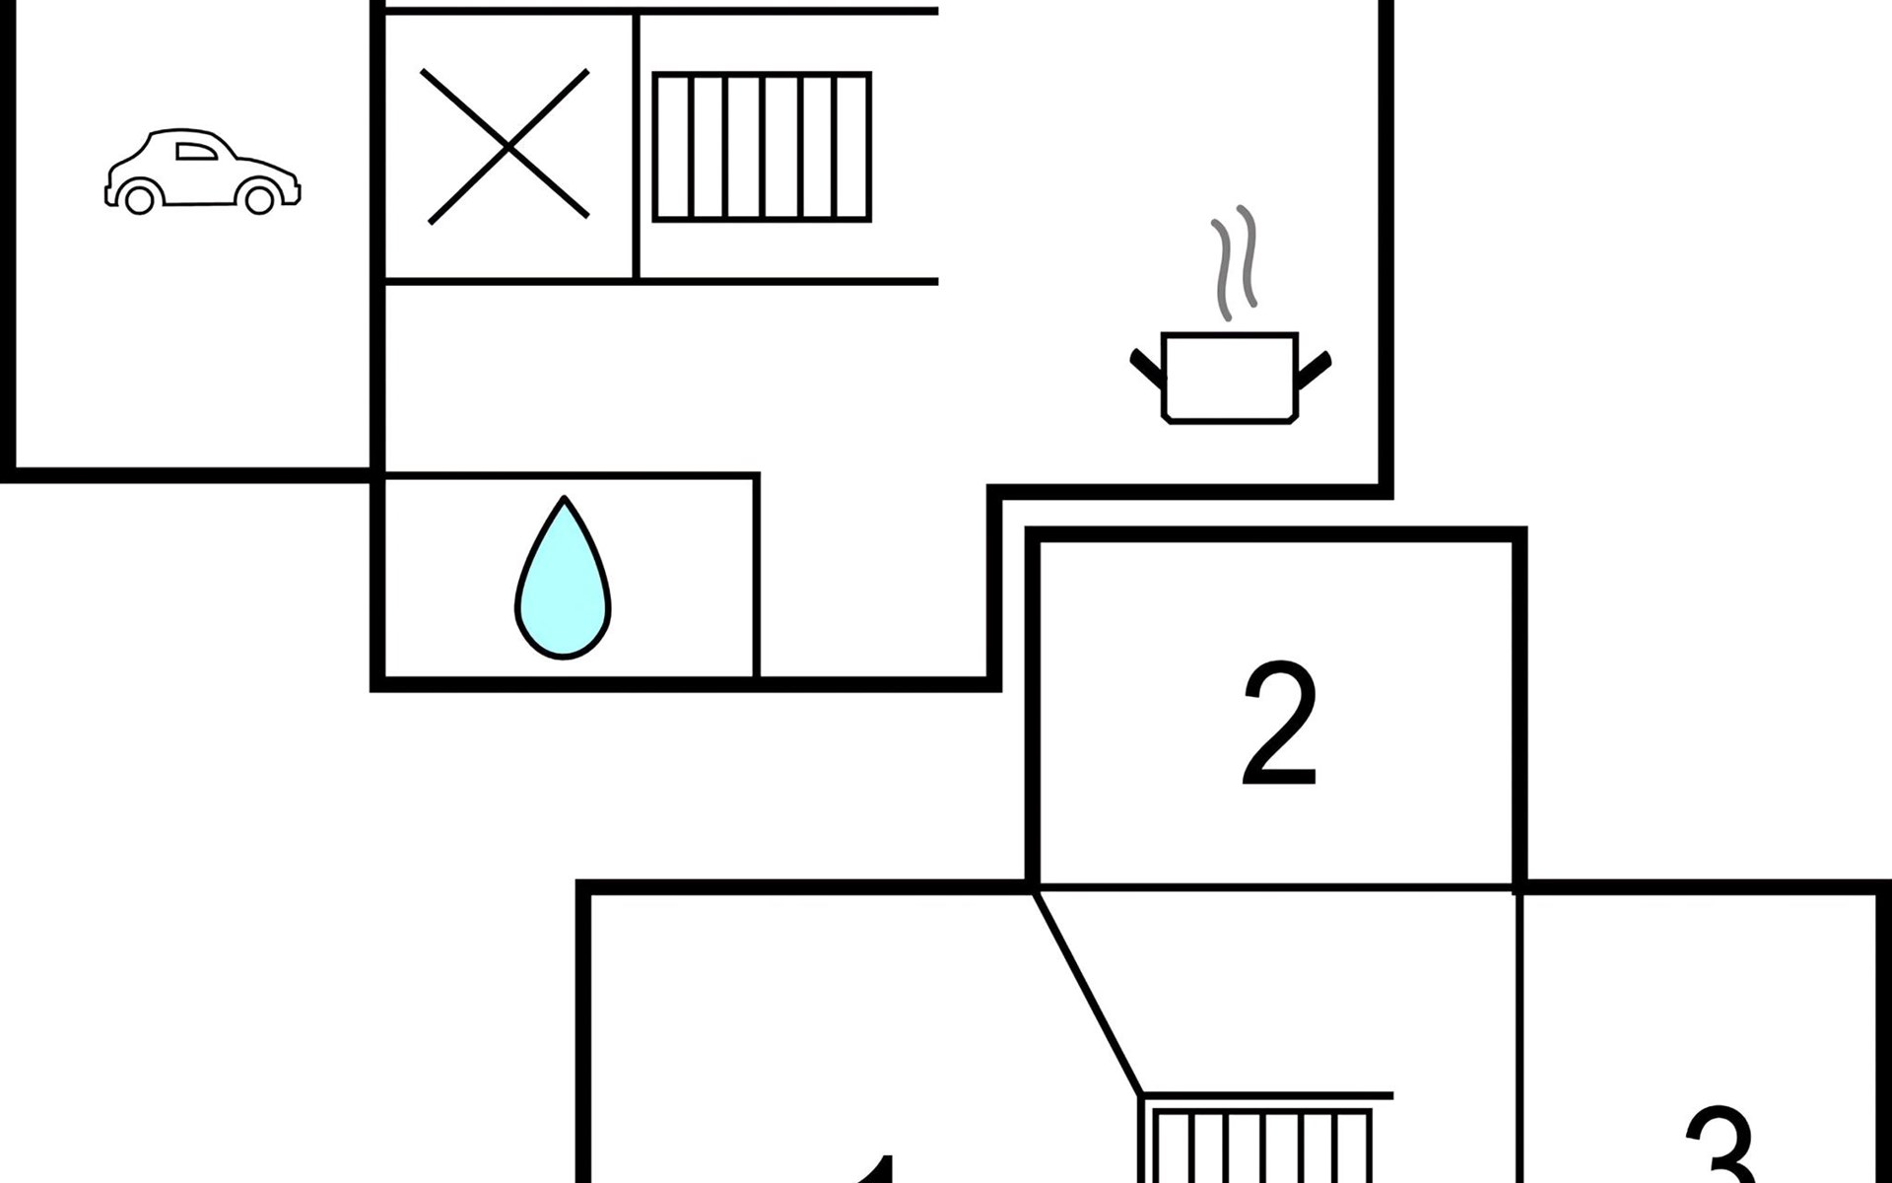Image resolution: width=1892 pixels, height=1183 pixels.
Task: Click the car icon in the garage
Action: point(202,171)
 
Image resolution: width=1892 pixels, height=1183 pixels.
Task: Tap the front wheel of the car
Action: point(258,199)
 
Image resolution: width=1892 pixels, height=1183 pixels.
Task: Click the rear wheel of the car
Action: point(140,199)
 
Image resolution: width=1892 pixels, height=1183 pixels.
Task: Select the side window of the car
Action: point(195,151)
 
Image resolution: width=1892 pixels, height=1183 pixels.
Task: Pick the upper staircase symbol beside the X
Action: point(762,147)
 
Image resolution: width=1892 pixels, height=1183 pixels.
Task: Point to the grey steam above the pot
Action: point(1235,262)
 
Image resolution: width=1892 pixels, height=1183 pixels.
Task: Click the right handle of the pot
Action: point(1315,367)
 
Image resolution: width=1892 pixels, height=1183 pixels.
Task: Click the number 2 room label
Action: point(1279,724)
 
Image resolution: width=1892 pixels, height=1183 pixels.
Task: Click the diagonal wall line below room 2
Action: point(1088,994)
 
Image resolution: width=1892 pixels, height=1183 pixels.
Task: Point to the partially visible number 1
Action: point(877,1170)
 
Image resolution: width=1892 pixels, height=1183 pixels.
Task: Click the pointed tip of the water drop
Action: point(564,501)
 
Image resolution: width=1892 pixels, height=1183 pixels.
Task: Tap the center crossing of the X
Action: point(507,147)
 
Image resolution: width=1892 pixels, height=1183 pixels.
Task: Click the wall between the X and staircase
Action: point(637,147)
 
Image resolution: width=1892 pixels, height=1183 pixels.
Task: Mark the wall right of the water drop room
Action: point(756,577)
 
